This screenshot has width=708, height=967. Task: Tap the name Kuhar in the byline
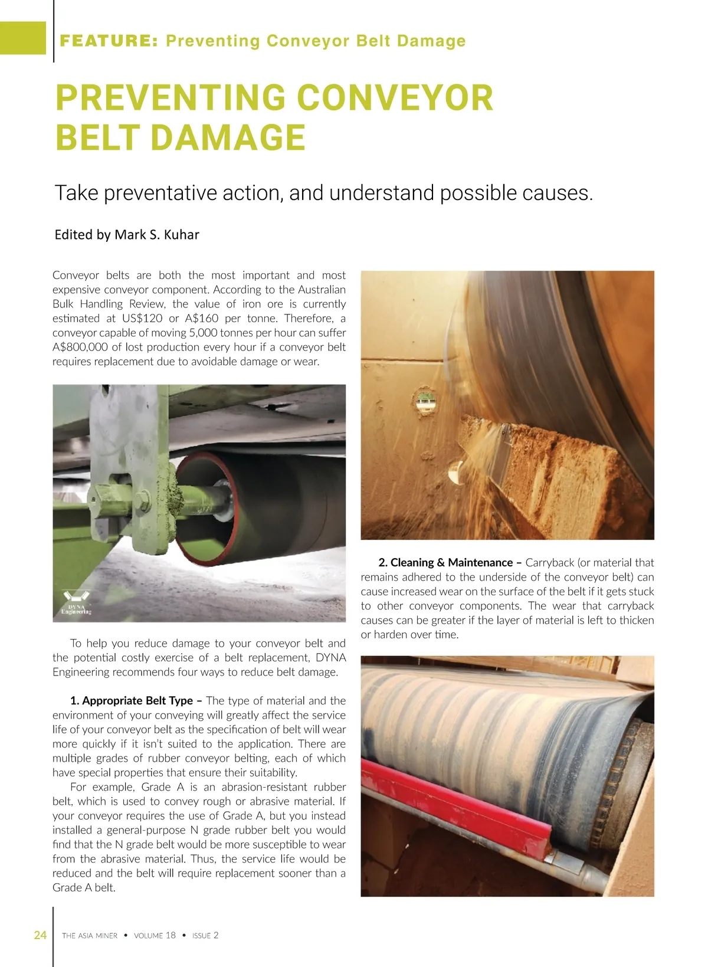click(x=181, y=235)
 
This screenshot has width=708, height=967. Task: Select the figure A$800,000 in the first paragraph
click(x=80, y=347)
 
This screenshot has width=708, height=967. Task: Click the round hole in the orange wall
click(x=425, y=402)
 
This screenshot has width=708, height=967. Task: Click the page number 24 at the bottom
click(x=40, y=935)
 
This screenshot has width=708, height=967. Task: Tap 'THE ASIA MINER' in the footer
click(x=90, y=936)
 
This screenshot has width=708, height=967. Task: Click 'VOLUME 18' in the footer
click(x=155, y=936)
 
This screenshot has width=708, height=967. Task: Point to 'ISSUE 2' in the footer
click(x=205, y=936)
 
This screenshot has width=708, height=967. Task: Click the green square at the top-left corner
click(x=22, y=38)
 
